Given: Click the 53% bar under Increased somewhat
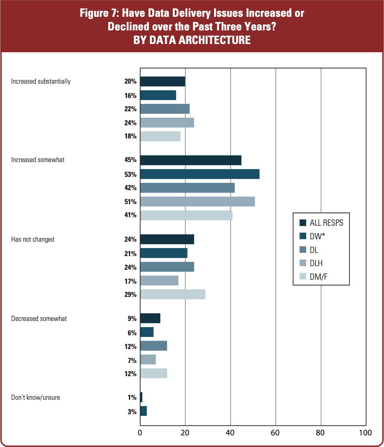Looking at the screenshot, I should click(200, 174).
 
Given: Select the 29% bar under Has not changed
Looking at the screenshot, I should click(172, 295).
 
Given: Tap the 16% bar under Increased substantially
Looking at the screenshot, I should click(158, 95).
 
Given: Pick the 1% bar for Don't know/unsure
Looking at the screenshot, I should click(141, 397).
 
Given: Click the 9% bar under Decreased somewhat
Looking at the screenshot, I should click(150, 319).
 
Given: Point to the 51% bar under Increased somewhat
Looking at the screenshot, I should click(197, 201).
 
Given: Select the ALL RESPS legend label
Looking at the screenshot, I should click(326, 223).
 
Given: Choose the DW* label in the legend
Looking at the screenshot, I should click(318, 236).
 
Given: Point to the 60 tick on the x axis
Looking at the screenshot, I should click(276, 433).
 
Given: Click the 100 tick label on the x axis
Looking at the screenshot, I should click(365, 433).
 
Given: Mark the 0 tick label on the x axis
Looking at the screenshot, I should click(140, 433).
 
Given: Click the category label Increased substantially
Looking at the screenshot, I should click(41, 81).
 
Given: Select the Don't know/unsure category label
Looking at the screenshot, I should click(36, 397).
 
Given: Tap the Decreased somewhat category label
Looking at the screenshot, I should click(39, 319).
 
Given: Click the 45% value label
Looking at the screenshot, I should click(130, 160).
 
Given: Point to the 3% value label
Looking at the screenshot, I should click(132, 412).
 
